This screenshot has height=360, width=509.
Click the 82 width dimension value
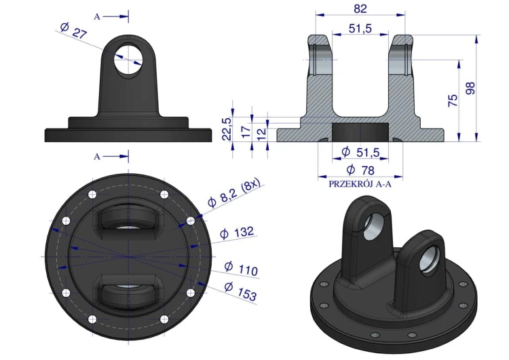tap(360, 8)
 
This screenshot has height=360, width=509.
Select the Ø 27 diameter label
tap(74, 31)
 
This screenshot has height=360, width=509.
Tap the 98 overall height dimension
tap(470, 88)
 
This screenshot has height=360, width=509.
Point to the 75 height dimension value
tap(453, 101)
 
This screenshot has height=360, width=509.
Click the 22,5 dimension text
tap(227, 128)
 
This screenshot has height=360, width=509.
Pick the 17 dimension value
tap(246, 131)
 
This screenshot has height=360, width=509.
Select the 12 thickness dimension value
tap(261, 133)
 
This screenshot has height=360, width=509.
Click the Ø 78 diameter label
tap(360, 170)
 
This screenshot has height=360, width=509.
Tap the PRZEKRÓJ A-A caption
tap(360, 184)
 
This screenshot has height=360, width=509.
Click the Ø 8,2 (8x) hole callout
tap(233, 194)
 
